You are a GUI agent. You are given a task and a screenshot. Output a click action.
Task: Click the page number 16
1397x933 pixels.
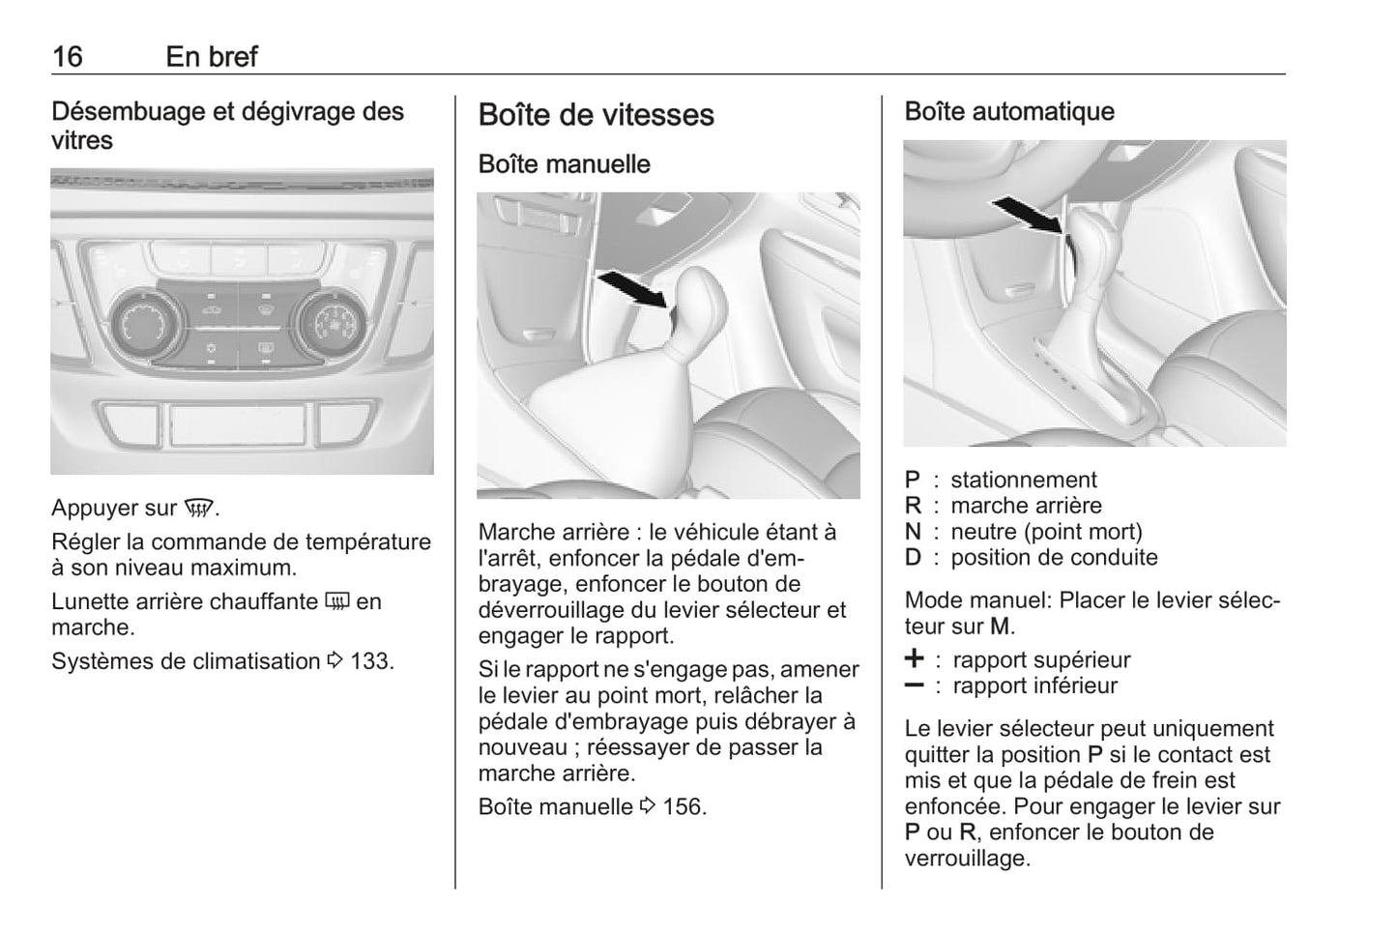tap(68, 57)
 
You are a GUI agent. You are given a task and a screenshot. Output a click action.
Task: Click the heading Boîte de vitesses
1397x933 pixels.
tap(596, 115)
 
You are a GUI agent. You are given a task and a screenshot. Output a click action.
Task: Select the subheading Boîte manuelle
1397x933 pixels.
tap(564, 164)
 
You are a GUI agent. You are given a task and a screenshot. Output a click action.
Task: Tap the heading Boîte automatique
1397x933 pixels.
tap(1009, 112)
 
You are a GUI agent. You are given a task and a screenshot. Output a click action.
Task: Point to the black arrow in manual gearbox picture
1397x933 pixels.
tap(632, 288)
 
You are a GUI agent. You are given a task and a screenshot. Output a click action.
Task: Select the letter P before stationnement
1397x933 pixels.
tap(913, 481)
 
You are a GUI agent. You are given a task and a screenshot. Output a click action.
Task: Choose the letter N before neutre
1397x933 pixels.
tap(914, 533)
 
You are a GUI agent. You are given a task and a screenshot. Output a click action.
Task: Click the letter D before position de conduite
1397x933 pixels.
tap(914, 558)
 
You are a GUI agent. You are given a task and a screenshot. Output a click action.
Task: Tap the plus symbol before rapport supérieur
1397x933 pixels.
tap(914, 659)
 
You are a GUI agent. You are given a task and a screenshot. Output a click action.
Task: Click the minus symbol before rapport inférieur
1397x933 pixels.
tap(914, 685)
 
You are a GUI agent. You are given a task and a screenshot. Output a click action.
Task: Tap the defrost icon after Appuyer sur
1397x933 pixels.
tap(199, 509)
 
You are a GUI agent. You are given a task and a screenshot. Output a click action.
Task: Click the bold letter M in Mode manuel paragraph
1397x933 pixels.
tap(1000, 627)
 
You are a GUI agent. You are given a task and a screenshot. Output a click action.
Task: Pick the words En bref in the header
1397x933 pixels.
tap(212, 57)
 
